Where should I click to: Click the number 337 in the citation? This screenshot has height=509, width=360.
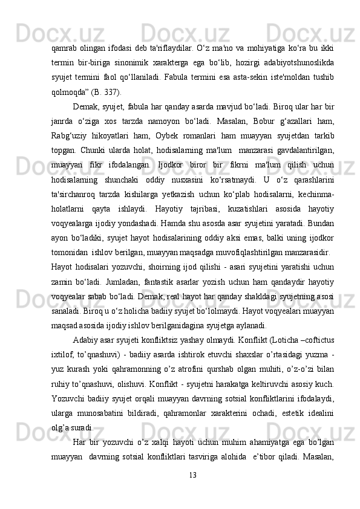[x=111, y=92]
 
